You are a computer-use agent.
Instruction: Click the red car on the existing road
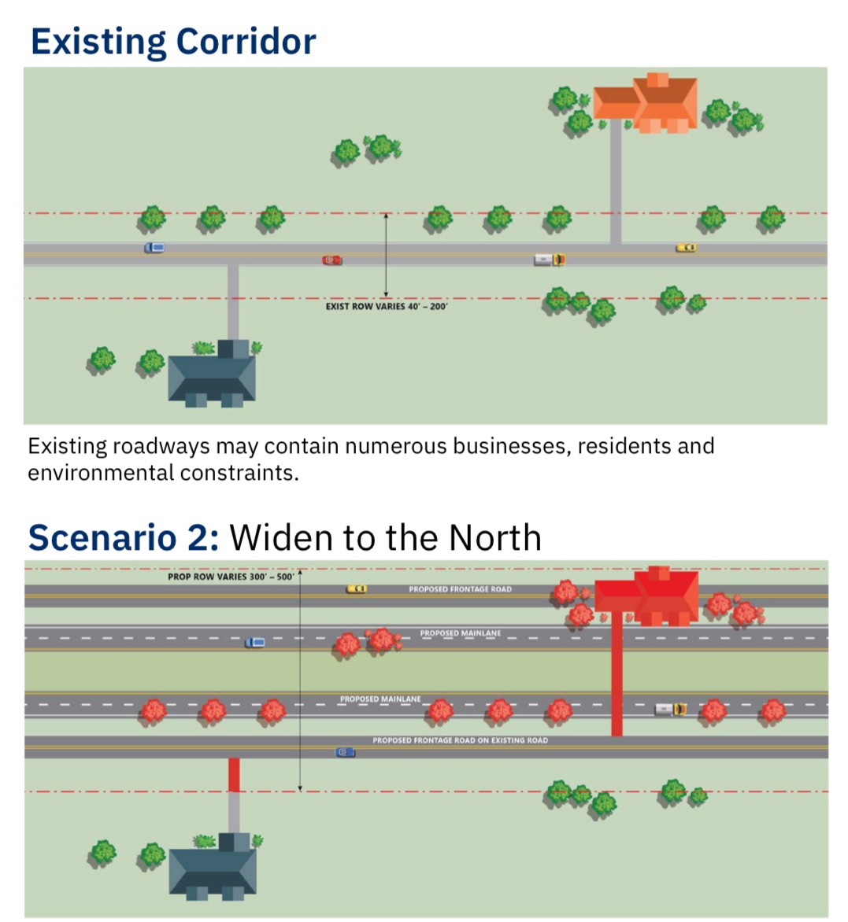332,260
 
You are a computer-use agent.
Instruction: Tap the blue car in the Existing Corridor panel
154,248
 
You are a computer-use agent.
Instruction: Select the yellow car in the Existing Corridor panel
686,248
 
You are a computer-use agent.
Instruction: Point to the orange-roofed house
647,103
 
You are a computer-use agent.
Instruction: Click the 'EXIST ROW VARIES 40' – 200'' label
386,306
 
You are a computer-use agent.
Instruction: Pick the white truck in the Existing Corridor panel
550,259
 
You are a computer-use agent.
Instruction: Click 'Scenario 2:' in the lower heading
124,537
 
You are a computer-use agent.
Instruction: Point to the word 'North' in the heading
495,537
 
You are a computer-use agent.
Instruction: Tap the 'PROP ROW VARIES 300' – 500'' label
231,577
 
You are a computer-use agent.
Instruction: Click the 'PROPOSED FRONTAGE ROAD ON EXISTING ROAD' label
460,740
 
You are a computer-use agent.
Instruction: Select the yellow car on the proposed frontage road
357,588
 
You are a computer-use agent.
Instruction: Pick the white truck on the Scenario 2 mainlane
671,709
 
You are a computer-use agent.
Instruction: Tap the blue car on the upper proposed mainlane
254,643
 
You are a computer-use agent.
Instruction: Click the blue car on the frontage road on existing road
346,752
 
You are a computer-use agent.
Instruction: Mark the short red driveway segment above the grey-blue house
234,775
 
